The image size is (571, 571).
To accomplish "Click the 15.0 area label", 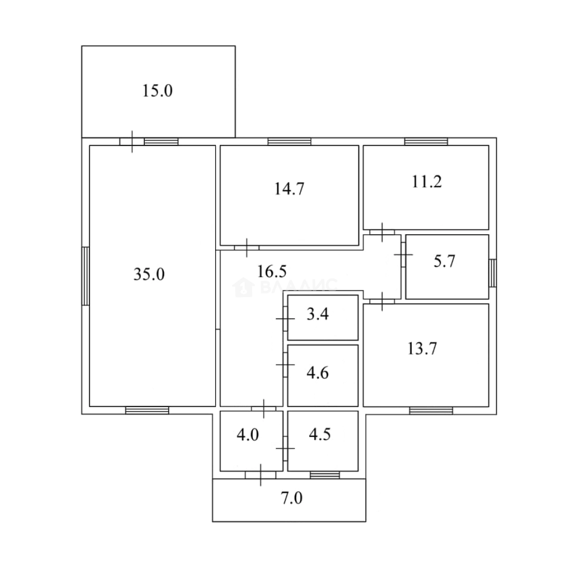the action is [158, 91].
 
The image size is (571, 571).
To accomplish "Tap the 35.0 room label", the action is [149, 274].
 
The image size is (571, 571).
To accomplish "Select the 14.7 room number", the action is [289, 189].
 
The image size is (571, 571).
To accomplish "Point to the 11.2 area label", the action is [427, 182].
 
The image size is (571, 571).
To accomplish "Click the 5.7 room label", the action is [444, 261].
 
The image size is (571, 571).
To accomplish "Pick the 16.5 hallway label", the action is [272, 271].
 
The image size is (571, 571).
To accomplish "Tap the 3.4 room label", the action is [318, 314].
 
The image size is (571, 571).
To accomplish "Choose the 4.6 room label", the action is [318, 373].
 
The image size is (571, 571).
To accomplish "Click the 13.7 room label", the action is [422, 348].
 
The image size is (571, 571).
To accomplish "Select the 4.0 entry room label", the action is [247, 435].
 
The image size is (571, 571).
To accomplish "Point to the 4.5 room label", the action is [320, 435].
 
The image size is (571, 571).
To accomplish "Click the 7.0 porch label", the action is [292, 498].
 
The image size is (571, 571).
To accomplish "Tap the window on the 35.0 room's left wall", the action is [86, 276].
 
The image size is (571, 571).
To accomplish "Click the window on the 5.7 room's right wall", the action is [492, 273].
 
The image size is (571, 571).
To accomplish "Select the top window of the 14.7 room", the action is [290, 142].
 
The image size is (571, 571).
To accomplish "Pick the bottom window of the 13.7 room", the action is [431, 410].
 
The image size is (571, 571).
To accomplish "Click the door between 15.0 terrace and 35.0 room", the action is [132, 142].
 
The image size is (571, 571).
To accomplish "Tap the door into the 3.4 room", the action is [285, 319].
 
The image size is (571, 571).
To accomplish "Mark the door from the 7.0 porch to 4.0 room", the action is [260, 475].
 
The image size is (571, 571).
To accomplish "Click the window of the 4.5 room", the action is [325, 475].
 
